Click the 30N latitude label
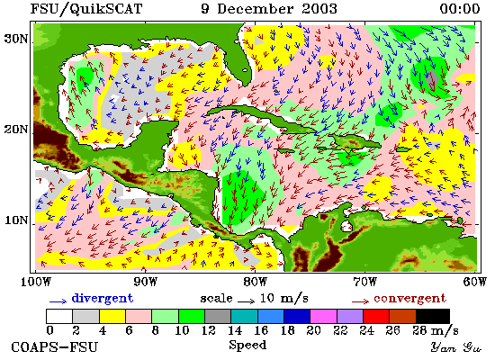pyautogui.click(x=15, y=40)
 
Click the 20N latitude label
pyautogui.click(x=15, y=130)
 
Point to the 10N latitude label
pyautogui.click(x=16, y=220)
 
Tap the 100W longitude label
pyautogui.click(x=35, y=282)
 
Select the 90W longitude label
pyautogui.click(x=145, y=282)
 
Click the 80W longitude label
pyautogui.click(x=255, y=282)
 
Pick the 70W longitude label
pyautogui.click(x=364, y=282)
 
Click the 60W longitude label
pyautogui.click(x=475, y=282)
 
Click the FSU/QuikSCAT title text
pyautogui.click(x=86, y=9)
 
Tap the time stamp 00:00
pyautogui.click(x=460, y=9)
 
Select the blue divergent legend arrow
pyautogui.click(x=58, y=301)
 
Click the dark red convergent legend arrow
pyautogui.click(x=360, y=301)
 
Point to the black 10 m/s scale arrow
pyautogui.click(x=246, y=301)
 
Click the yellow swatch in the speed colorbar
pyautogui.click(x=112, y=316)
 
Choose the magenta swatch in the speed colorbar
pyautogui.click(x=323, y=316)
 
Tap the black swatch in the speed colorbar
pyautogui.click(x=433, y=316)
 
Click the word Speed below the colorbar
pyautogui.click(x=247, y=345)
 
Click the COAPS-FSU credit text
pyautogui.click(x=54, y=347)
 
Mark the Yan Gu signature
pyautogui.click(x=456, y=347)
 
